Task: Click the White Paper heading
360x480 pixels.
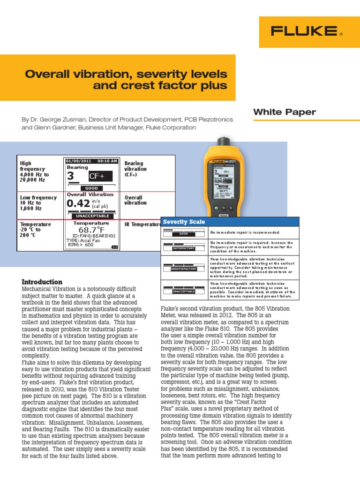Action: point(285,112)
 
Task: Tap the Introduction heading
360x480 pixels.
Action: point(42,282)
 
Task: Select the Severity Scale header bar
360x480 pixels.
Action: point(230,222)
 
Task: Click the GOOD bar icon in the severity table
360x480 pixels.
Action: point(184,233)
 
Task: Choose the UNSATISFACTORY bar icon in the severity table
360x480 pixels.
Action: point(184,268)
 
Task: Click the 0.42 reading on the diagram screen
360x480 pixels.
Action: point(78,204)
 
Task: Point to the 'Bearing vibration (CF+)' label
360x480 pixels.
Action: point(135,169)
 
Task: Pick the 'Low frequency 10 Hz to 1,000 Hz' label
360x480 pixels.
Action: point(37,203)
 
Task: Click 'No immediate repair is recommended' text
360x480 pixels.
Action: point(245,232)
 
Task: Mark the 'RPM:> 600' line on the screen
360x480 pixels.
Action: point(81,245)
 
